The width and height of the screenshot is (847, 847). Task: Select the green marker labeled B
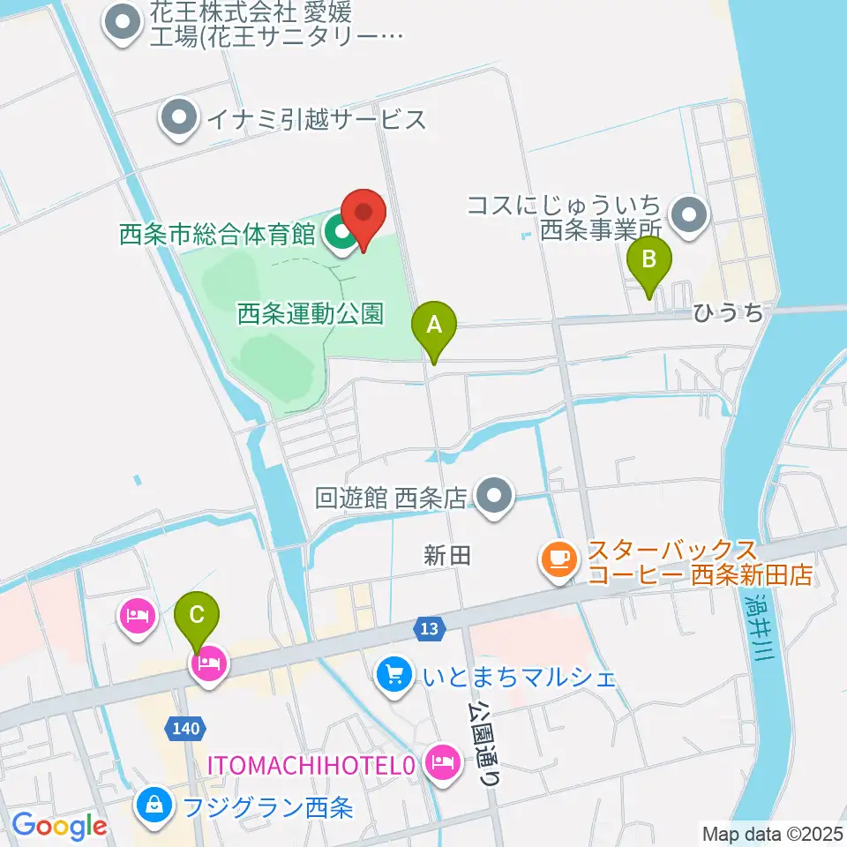click(649, 261)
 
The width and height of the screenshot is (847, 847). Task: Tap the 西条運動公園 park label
click(311, 313)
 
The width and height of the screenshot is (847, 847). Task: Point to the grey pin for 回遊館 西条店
click(494, 497)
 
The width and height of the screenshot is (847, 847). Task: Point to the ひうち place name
click(727, 313)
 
